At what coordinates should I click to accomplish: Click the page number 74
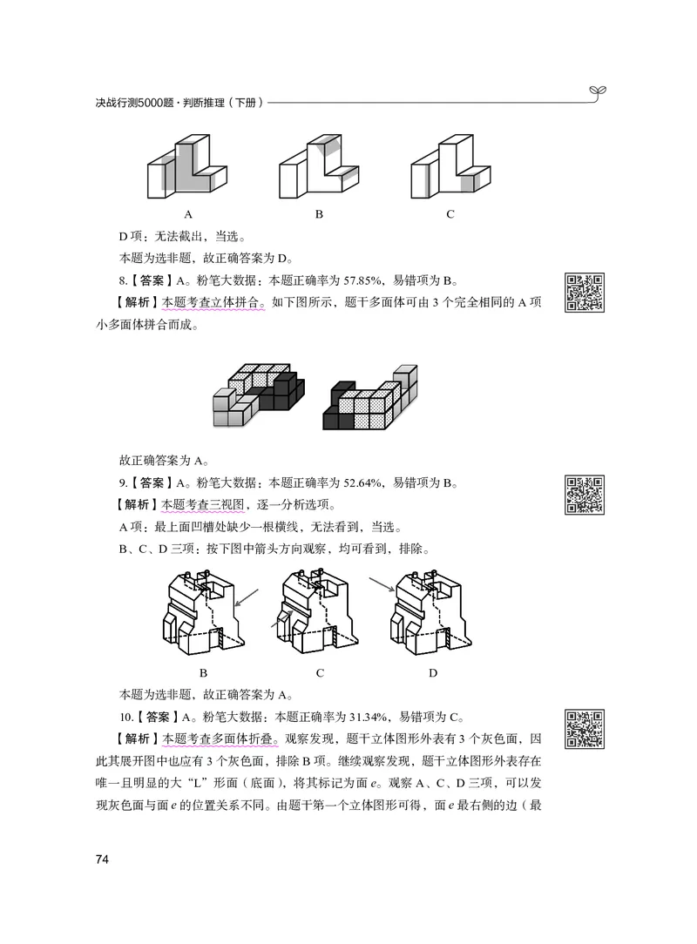point(102,860)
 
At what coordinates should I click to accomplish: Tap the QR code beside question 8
point(585,292)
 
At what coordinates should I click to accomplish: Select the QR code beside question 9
point(585,494)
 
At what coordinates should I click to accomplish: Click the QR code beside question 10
point(585,729)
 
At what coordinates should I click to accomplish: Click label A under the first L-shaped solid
point(188,214)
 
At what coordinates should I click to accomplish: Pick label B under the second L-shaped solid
point(319,214)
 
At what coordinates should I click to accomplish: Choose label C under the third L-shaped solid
point(450,214)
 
